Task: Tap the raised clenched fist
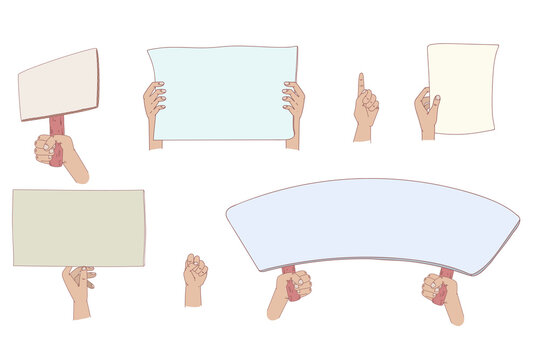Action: tap(194, 271)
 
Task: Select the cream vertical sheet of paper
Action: tap(462, 88)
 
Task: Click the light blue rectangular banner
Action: tap(223, 92)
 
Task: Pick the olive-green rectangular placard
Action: tap(78, 228)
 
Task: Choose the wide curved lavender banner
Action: tap(372, 223)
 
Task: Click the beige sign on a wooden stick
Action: tap(58, 85)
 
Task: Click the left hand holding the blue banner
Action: tap(154, 103)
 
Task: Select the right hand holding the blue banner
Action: tap(293, 103)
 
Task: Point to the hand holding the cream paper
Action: tap(427, 109)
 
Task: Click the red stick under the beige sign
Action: tap(57, 126)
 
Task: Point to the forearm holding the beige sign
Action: tap(75, 169)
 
